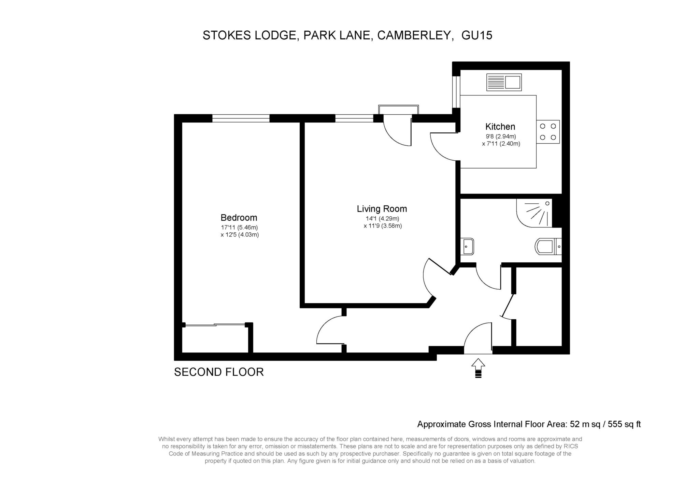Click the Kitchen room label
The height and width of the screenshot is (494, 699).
[500, 127]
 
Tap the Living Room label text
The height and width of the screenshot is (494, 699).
[382, 209]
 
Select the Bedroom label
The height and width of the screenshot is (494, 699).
[239, 218]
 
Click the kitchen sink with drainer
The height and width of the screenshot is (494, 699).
[504, 82]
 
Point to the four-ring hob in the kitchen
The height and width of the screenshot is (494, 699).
[547, 132]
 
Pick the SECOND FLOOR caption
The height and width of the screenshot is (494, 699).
[219, 372]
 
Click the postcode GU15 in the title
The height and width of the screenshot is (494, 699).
[476, 35]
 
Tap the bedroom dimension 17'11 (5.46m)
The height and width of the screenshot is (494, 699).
[239, 228]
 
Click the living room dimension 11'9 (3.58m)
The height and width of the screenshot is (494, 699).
[382, 226]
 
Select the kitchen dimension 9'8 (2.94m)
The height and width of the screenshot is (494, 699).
[501, 136]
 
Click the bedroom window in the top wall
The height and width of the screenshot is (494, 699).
[241, 118]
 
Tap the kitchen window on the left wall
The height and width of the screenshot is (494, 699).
[455, 91]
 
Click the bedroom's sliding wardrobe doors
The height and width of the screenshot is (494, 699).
[215, 325]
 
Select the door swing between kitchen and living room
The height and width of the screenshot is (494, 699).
[443, 147]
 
